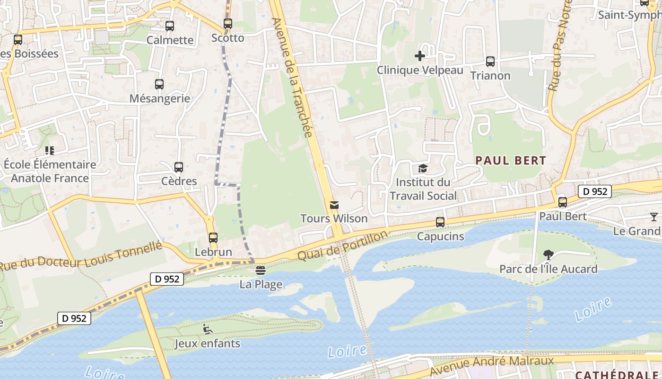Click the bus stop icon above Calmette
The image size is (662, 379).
click(170, 26)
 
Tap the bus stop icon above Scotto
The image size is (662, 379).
click(228, 24)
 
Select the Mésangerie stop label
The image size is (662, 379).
click(160, 99)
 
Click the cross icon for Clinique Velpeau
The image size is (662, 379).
click(419, 56)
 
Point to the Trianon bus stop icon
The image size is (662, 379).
click(490, 62)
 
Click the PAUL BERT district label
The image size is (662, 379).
click(511, 161)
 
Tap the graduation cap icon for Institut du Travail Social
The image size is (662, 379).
click(423, 169)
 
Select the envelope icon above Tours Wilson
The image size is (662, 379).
click(334, 205)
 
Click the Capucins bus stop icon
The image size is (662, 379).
click(440, 222)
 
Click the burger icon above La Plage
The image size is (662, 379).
click(260, 271)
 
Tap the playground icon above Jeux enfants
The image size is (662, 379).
click(208, 329)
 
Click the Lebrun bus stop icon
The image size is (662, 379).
click(213, 238)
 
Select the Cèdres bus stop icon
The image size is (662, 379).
click(179, 167)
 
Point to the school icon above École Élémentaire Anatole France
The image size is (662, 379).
click(50, 151)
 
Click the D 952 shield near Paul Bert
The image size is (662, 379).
click(594, 191)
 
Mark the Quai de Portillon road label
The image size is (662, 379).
click(343, 245)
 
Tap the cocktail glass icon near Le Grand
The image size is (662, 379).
click(654, 217)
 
